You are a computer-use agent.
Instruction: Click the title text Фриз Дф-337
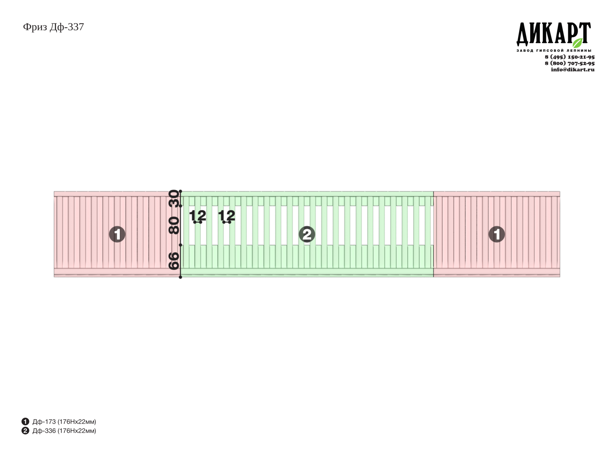[x=53, y=27]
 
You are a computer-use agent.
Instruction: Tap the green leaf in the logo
[x=577, y=43]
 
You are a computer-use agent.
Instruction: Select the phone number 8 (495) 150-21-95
[x=569, y=57]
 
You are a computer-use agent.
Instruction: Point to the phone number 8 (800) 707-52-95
[x=569, y=63]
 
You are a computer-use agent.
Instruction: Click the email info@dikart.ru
[x=573, y=69]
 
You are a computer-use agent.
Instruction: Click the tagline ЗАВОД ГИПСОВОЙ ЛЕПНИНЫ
[x=554, y=50]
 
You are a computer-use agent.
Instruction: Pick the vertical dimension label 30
[x=174, y=198]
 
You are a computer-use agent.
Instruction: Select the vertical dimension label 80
[x=174, y=226]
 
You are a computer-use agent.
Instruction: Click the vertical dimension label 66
[x=174, y=261]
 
